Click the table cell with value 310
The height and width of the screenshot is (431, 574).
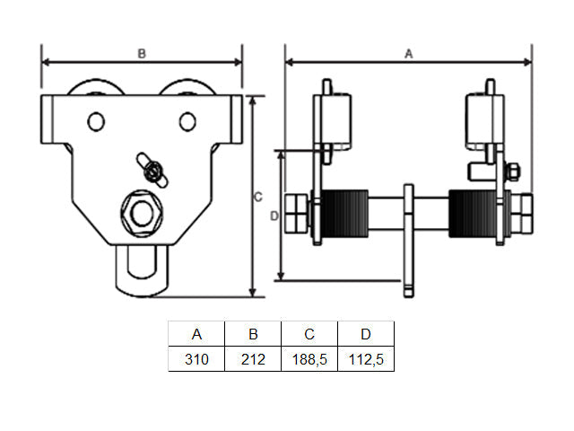pos(196,359)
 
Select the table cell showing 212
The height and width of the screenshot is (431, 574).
pos(253,359)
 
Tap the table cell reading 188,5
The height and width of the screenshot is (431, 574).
pos(309,359)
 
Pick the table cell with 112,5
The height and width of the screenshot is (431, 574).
pos(366,359)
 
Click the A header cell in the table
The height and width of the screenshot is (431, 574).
pos(196,334)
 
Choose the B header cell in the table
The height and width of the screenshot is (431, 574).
pos(253,334)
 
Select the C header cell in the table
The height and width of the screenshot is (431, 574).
pos(309,334)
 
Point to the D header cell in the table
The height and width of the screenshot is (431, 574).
pos(366,334)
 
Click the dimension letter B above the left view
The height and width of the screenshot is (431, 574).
pos(142,54)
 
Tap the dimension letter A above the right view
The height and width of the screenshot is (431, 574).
pos(409,54)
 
